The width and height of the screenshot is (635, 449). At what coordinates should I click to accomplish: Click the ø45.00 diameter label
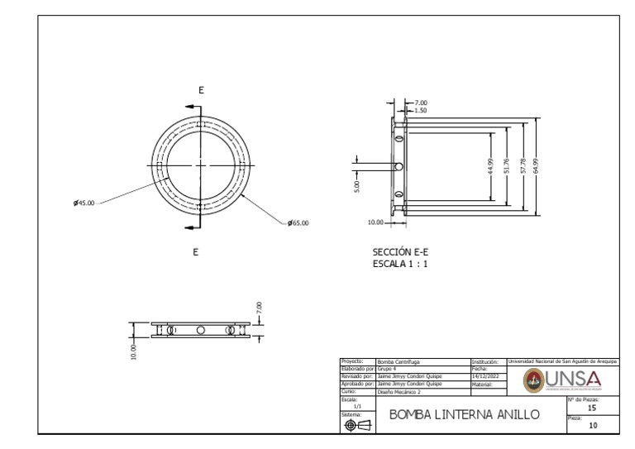point(84,202)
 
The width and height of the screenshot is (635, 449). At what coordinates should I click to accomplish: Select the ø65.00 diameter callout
point(298,223)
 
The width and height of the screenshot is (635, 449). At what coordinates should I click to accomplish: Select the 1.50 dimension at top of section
point(420,109)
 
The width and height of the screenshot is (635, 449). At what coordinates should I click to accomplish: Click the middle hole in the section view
point(399,166)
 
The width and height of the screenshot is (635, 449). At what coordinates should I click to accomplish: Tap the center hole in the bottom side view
point(200,330)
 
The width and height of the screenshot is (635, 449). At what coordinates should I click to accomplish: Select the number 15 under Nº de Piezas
point(590,408)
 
